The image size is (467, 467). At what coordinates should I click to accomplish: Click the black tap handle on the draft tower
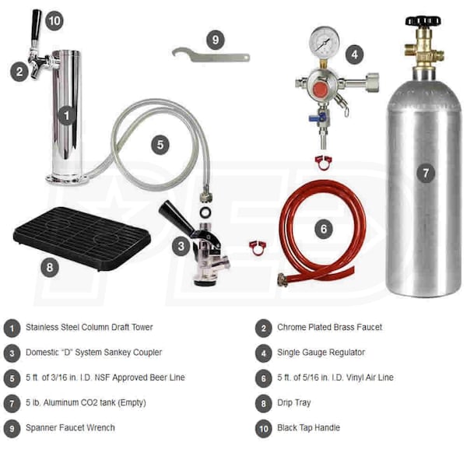click(x=36, y=25)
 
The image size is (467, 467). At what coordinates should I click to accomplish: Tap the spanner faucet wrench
click(x=211, y=55)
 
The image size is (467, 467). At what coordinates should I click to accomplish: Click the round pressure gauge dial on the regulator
click(x=324, y=42)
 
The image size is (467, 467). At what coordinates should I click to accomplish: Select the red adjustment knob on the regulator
click(x=321, y=89)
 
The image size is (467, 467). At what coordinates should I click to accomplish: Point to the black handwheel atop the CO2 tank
click(x=423, y=20)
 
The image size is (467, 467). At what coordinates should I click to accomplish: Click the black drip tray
click(x=82, y=239)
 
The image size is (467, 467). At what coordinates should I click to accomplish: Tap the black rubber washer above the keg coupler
click(x=205, y=212)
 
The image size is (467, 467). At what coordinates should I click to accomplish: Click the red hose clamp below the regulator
click(x=324, y=163)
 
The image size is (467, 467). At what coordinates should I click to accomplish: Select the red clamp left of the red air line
click(x=258, y=248)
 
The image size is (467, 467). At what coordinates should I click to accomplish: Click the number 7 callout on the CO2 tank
click(x=426, y=173)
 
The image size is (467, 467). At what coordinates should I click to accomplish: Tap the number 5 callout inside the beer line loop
click(x=160, y=145)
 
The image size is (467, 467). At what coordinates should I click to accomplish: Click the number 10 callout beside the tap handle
click(x=54, y=21)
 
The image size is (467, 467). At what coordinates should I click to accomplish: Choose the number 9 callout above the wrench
click(x=216, y=40)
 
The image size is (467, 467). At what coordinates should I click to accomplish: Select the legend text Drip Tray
click(x=294, y=402)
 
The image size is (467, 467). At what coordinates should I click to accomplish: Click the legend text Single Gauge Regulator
click(x=321, y=353)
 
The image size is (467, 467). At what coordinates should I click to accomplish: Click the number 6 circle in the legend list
click(x=264, y=378)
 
